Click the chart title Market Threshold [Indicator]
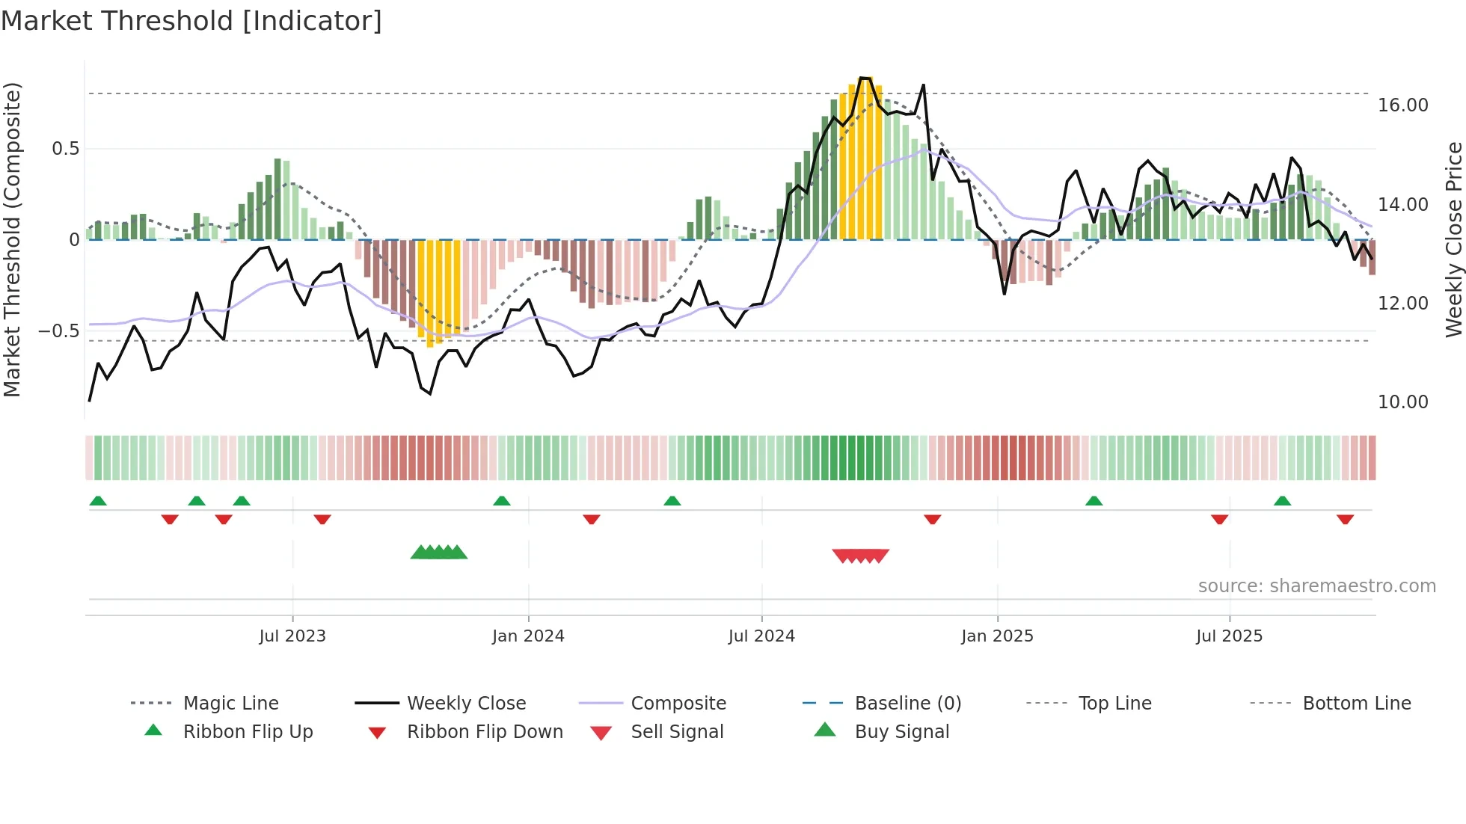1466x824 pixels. [191, 21]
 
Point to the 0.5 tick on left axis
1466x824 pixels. [65, 149]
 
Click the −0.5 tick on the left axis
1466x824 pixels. [59, 330]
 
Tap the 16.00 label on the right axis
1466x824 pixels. [1402, 105]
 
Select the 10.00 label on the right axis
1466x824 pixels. [1402, 402]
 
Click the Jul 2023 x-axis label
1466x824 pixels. [292, 636]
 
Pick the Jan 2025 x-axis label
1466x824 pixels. [997, 636]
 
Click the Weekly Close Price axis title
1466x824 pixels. [1453, 239]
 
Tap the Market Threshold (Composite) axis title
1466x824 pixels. [12, 239]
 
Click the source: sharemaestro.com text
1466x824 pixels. [1316, 586]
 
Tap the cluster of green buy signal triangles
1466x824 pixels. [439, 553]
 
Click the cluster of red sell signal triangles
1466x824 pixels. [860, 556]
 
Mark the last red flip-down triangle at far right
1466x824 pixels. [1345, 519]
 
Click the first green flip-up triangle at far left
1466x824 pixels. [98, 501]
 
